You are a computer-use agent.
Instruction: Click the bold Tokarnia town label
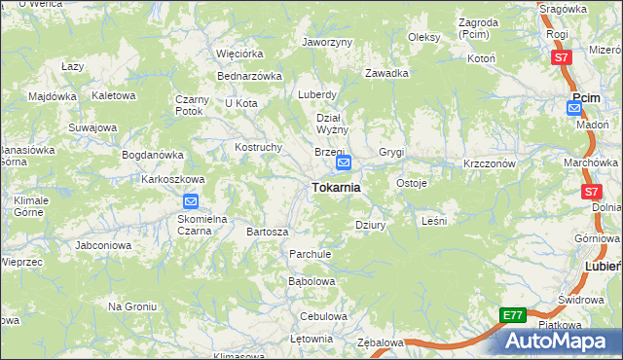tap(336, 188)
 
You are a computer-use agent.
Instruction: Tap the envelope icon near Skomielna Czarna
tap(191, 202)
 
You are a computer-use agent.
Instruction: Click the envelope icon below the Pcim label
tap(575, 108)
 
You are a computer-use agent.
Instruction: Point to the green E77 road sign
tap(514, 316)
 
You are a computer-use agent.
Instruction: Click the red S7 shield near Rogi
tap(561, 58)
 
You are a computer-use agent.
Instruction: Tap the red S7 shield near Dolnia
tap(590, 193)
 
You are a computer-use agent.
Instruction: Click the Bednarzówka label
tap(249, 75)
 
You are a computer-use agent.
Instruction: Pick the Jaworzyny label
tap(327, 43)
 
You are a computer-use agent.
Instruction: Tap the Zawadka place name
tap(386, 73)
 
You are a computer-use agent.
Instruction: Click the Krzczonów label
tap(489, 163)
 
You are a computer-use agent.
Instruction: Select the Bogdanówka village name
tap(152, 155)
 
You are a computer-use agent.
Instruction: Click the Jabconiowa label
tap(103, 245)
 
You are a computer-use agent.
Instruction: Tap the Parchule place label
tap(311, 254)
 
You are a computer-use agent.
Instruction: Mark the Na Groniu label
tap(132, 306)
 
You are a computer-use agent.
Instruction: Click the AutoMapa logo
tap(562, 341)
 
